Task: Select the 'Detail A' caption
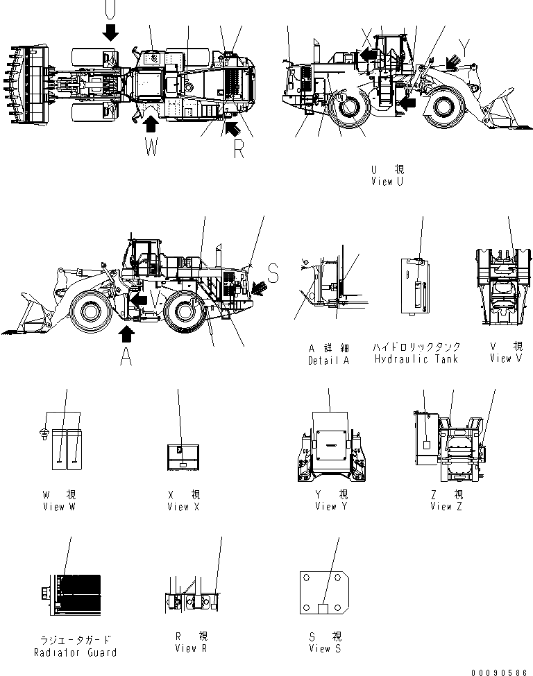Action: click(328, 360)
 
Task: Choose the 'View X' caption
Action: click(183, 506)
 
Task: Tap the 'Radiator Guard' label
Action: click(75, 652)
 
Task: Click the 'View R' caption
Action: click(185, 648)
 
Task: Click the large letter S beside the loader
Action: click(273, 275)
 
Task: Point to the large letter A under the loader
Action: click(126, 356)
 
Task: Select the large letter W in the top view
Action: click(151, 148)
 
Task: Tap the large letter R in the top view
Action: click(238, 148)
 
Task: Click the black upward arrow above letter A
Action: click(126, 334)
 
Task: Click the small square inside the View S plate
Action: click(323, 608)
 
